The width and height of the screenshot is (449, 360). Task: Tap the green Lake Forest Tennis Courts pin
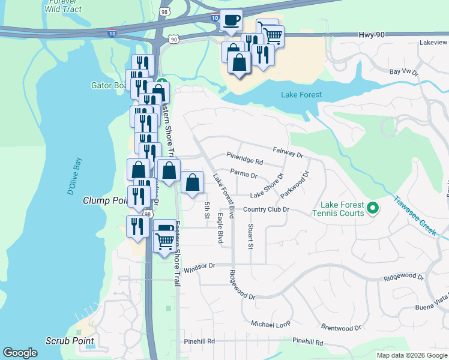click(372, 209)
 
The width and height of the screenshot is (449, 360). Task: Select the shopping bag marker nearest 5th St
click(191, 182)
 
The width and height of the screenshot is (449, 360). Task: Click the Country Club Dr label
click(267, 209)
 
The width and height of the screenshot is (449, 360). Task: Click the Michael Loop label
click(270, 323)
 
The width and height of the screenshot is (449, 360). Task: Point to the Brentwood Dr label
click(341, 328)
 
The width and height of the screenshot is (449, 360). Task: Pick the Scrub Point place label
click(70, 341)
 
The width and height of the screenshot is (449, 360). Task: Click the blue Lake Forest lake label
click(301, 95)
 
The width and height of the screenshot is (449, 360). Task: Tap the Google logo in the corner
click(20, 353)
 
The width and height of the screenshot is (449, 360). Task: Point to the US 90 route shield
click(173, 39)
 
